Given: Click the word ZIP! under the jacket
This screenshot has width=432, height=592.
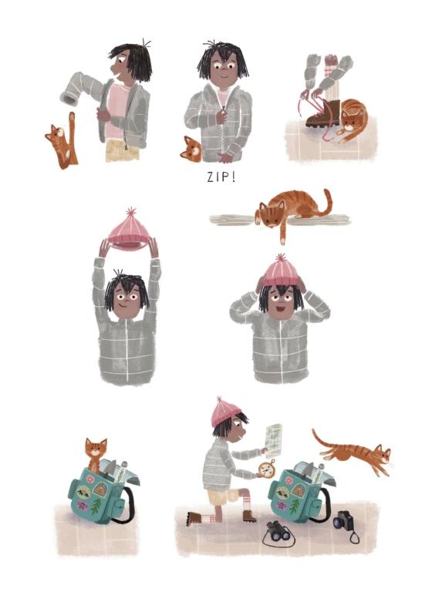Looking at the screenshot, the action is click(x=221, y=177).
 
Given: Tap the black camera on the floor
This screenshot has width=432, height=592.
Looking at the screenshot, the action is click(x=343, y=521).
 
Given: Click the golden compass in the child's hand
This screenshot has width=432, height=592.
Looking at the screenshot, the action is click(x=266, y=469).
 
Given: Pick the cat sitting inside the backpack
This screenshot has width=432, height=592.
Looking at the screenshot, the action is click(x=95, y=454).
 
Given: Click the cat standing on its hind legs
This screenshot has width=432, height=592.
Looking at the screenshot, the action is click(x=62, y=141).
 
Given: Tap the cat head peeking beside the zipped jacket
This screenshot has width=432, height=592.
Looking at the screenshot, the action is click(x=191, y=150).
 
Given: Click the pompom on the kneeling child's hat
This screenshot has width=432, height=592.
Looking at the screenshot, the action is click(x=219, y=400).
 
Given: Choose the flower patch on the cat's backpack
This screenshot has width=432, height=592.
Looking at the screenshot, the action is click(x=91, y=479).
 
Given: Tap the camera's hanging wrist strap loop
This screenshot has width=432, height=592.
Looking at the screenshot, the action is click(x=354, y=537).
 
